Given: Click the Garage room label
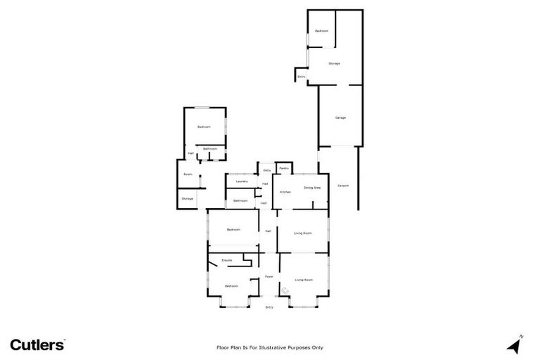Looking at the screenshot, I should coord(340,117).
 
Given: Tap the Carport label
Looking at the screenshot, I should coord(343,186).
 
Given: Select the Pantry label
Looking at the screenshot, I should coord(284,169).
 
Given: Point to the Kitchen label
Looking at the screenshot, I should coord(285,192).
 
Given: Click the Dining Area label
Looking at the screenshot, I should coord(312,188).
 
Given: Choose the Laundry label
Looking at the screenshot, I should coord(241,182).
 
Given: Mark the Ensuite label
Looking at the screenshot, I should coord(226,261).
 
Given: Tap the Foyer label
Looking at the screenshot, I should coord(269,277).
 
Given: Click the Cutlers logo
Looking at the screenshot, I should coord(37,345).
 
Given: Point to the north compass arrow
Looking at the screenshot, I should coord(515,345).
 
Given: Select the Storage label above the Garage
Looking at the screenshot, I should coord(334,63).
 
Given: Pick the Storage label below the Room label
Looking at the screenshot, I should coord(187,199).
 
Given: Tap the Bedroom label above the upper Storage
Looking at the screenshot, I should coord(321,31).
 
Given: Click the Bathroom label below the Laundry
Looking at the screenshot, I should coord(240,201).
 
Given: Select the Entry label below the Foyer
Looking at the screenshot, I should coord(269,307).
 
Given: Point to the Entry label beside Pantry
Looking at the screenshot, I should coord(267,171).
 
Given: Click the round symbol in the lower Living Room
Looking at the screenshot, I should coord(285,290).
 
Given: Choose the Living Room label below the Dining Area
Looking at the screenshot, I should coord(303,233).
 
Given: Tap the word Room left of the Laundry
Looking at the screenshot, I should coord(188,174).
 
